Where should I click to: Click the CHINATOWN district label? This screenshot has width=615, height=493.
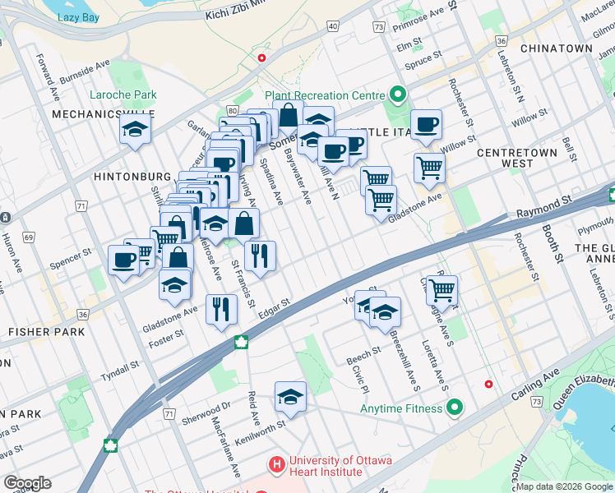[x=556, y=48]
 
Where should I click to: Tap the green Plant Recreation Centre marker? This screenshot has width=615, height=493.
[x=398, y=95]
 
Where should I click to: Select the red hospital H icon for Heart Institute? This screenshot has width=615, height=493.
[x=276, y=465]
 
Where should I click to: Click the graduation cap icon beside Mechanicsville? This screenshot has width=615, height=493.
[x=134, y=129]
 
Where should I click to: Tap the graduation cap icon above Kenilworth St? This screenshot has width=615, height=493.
[x=289, y=396]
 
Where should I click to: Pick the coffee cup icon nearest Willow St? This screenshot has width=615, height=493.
[x=426, y=124]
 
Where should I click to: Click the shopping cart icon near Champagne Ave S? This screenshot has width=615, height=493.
[x=442, y=289]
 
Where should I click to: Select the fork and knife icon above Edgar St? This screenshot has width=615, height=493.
[x=260, y=255]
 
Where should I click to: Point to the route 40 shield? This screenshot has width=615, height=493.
[x=333, y=26]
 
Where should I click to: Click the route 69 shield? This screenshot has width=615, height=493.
[x=30, y=237]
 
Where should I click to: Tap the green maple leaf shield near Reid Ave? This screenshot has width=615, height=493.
[x=242, y=342]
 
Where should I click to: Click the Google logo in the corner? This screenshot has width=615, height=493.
[x=27, y=483]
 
